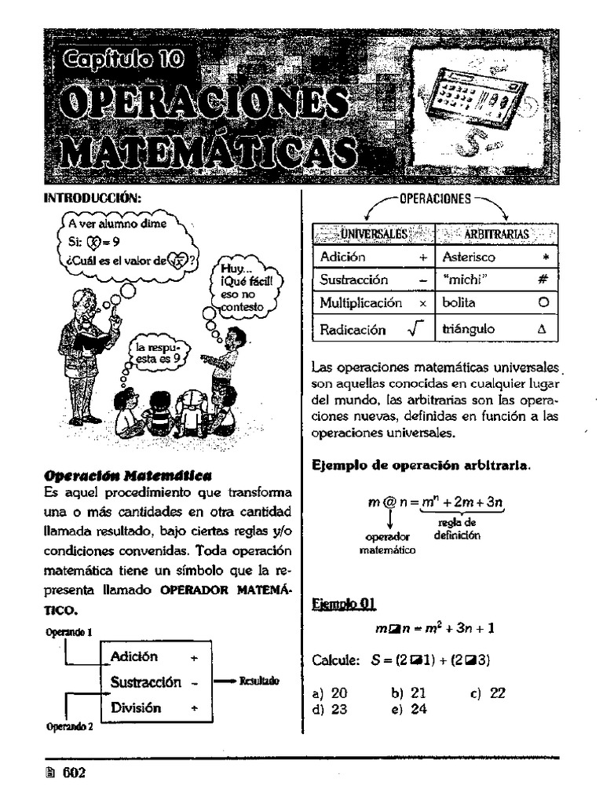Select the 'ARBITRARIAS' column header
click(496, 233)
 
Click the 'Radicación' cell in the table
click(353, 330)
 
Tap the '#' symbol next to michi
click(542, 279)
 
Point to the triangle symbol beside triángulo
click(541, 330)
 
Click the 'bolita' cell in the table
click(459, 302)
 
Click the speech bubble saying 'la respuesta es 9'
click(158, 352)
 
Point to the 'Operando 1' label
click(68, 631)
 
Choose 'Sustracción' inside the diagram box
click(146, 682)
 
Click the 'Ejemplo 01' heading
click(343, 604)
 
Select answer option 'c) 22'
click(488, 693)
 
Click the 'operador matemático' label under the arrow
click(387, 543)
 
